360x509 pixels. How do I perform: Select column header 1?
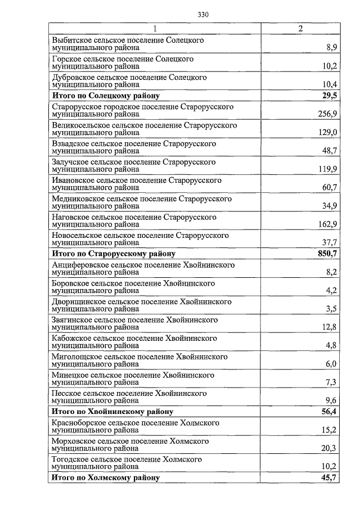tap(155, 29)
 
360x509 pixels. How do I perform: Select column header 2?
tap(300, 29)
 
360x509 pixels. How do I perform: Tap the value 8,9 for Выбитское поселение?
tap(331, 48)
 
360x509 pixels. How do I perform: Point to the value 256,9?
tap(327, 114)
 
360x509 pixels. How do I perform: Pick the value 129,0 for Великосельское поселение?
tap(327, 133)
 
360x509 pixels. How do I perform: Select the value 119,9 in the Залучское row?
tap(327, 169)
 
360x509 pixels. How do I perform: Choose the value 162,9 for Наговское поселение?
tap(327, 224)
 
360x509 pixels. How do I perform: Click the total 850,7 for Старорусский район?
tap(326, 254)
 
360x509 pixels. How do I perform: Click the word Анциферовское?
tap(78, 264)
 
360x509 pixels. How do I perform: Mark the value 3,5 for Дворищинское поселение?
tap(331, 309)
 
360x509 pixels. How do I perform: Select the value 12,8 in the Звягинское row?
tap(329, 327)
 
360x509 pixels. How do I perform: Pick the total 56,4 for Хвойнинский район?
tap(329, 412)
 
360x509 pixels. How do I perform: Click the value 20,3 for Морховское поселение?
tap(329, 448)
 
